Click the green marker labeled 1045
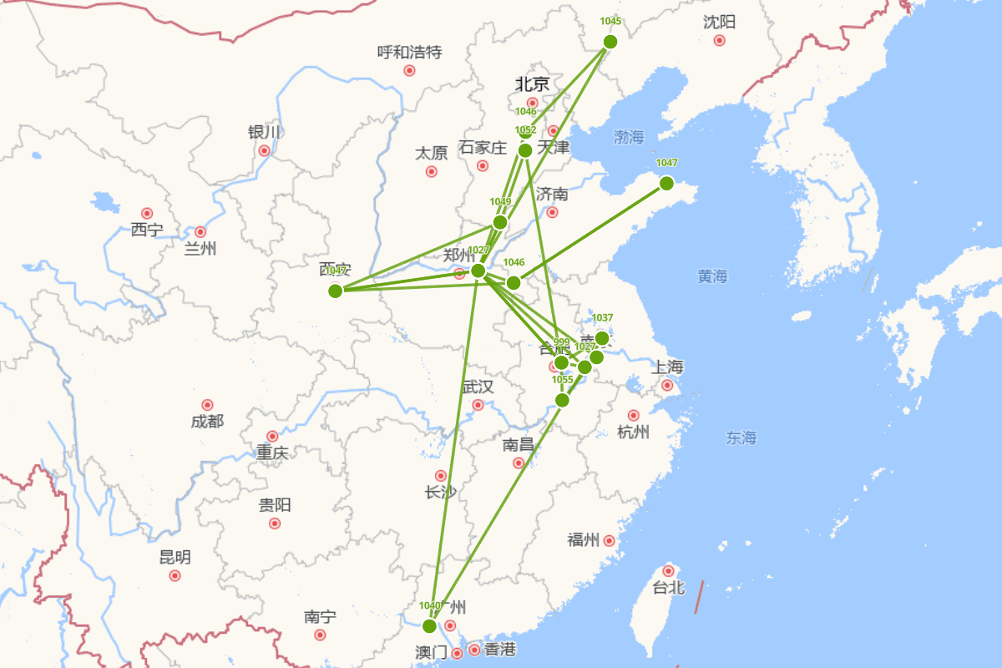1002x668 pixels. pos(610,42)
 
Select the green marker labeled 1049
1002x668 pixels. pos(499,222)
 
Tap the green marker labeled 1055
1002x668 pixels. pos(562,400)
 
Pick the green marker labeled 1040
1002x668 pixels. pos(429,626)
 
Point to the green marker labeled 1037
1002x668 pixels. pos(602,338)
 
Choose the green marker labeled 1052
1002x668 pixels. pos(525,150)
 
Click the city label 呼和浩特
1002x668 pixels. pos(409,53)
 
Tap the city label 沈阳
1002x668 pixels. pos(719,23)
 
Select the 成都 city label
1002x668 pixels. pos(207,422)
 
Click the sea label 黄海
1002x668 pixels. pos(712,276)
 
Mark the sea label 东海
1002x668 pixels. pos(741,438)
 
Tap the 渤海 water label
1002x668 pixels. pos(629,138)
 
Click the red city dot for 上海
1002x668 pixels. pos(667,385)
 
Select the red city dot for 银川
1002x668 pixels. pos(264,151)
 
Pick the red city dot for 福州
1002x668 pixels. pos(610,541)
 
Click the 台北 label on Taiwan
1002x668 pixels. pos(668,588)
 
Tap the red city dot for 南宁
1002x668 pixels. pos(320,635)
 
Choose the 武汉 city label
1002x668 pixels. pos(478,387)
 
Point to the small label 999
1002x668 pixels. pos(561,342)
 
